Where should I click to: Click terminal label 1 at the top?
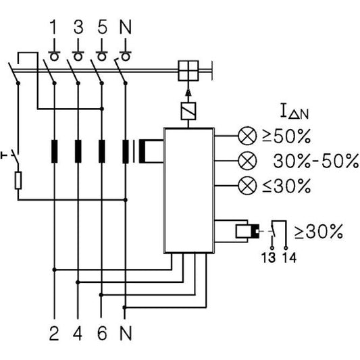(53, 28)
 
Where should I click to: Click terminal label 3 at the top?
(78, 28)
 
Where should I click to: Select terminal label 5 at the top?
(102, 28)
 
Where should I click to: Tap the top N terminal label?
(126, 28)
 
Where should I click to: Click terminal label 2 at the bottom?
(53, 334)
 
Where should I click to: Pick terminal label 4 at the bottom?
(78, 334)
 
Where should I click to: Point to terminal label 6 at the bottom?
(102, 334)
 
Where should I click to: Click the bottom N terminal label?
(126, 334)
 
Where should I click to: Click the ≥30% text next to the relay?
(319, 232)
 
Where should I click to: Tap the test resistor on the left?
(18, 180)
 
